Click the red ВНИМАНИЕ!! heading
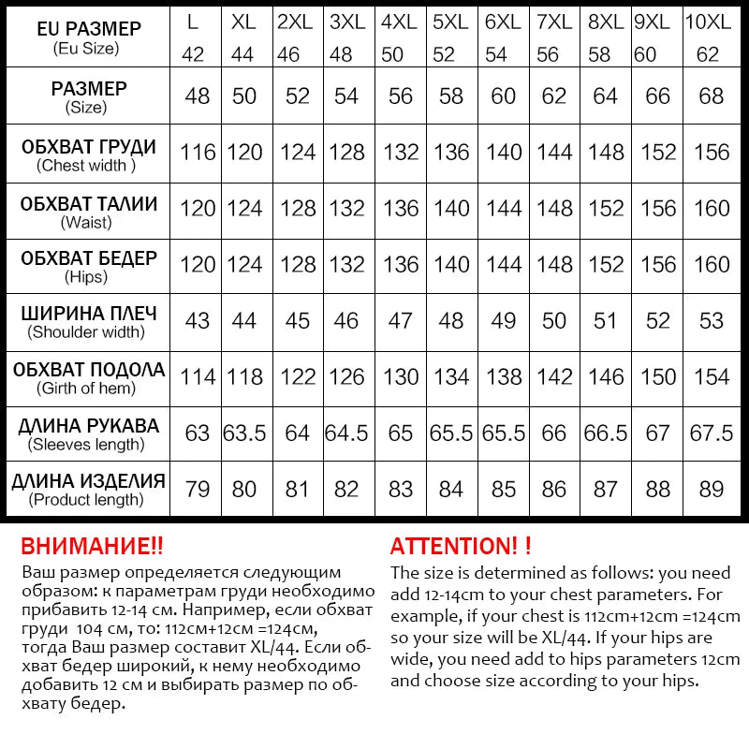click(92, 546)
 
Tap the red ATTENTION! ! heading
click(461, 546)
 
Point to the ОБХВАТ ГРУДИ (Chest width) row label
click(88, 155)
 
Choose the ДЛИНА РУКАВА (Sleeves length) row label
click(88, 433)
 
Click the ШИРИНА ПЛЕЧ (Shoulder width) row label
click(88, 321)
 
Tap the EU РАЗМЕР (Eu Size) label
click(88, 37)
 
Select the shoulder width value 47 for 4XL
click(400, 320)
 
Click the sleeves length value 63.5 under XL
click(244, 433)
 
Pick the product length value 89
click(711, 489)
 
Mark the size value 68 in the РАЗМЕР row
click(711, 95)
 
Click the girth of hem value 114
click(198, 376)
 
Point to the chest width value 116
click(198, 152)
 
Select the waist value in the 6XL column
click(504, 208)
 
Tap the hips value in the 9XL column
click(658, 264)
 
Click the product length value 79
click(198, 489)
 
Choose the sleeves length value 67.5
click(711, 433)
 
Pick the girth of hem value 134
click(451, 376)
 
